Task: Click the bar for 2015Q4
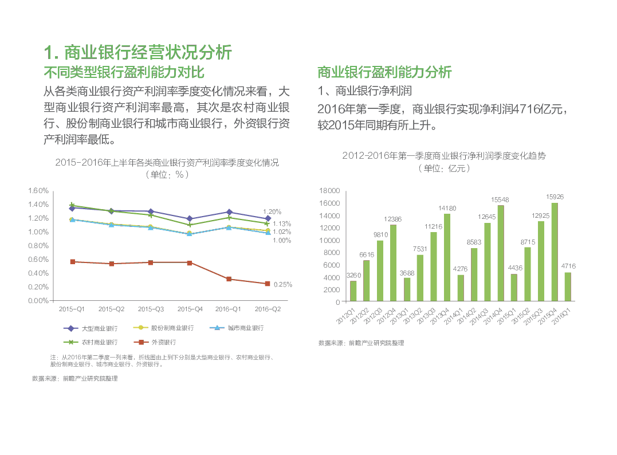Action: click(555, 252)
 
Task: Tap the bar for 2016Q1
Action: click(568, 287)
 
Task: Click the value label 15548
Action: click(500, 200)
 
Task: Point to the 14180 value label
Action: click(447, 208)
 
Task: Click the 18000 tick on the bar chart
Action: click(329, 191)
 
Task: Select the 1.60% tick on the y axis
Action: click(38, 190)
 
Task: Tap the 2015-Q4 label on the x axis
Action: click(190, 309)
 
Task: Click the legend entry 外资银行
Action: click(156, 342)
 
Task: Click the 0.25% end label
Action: click(283, 284)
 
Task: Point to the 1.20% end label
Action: click(272, 211)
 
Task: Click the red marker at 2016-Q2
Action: click(267, 284)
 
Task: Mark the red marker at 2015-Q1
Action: click(72, 262)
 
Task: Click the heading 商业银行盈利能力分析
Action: click(384, 72)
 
